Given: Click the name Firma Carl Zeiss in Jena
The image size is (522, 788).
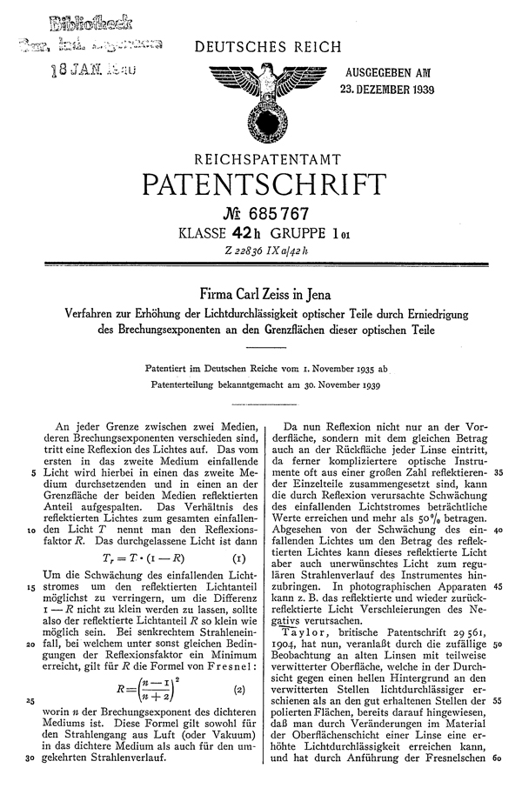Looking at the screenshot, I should pyautogui.click(x=262, y=294).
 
